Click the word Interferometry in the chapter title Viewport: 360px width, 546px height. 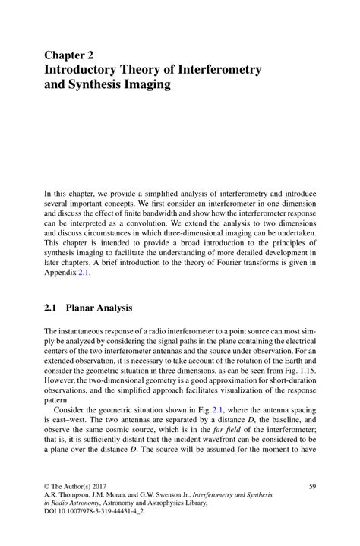tap(219, 70)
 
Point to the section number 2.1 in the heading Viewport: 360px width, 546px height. tap(52, 308)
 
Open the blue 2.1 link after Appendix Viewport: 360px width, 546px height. tap(82, 273)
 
